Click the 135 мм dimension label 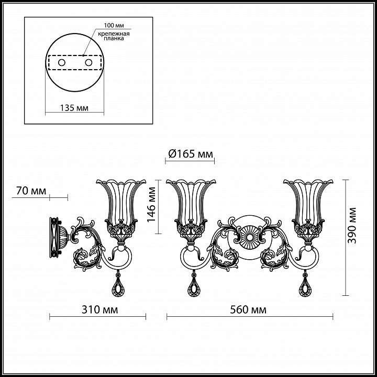point(74,108)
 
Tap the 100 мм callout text point(114,25)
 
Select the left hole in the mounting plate point(62,63)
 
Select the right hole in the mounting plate point(88,63)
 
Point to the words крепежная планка point(114,36)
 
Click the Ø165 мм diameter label point(191,154)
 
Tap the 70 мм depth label point(31,191)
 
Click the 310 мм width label point(100,310)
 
